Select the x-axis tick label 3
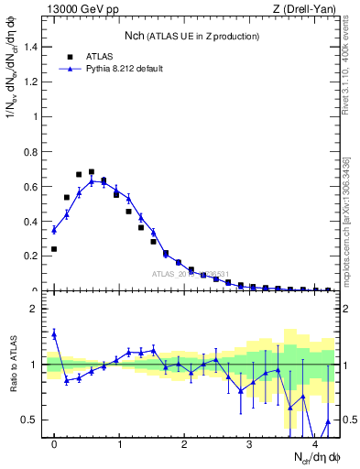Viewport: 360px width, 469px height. (250, 444)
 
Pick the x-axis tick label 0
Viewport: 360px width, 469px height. (54, 444)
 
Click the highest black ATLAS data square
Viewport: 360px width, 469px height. (92, 171)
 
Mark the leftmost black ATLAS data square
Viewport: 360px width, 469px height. (54, 248)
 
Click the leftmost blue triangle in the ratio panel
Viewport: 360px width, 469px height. (54, 334)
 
